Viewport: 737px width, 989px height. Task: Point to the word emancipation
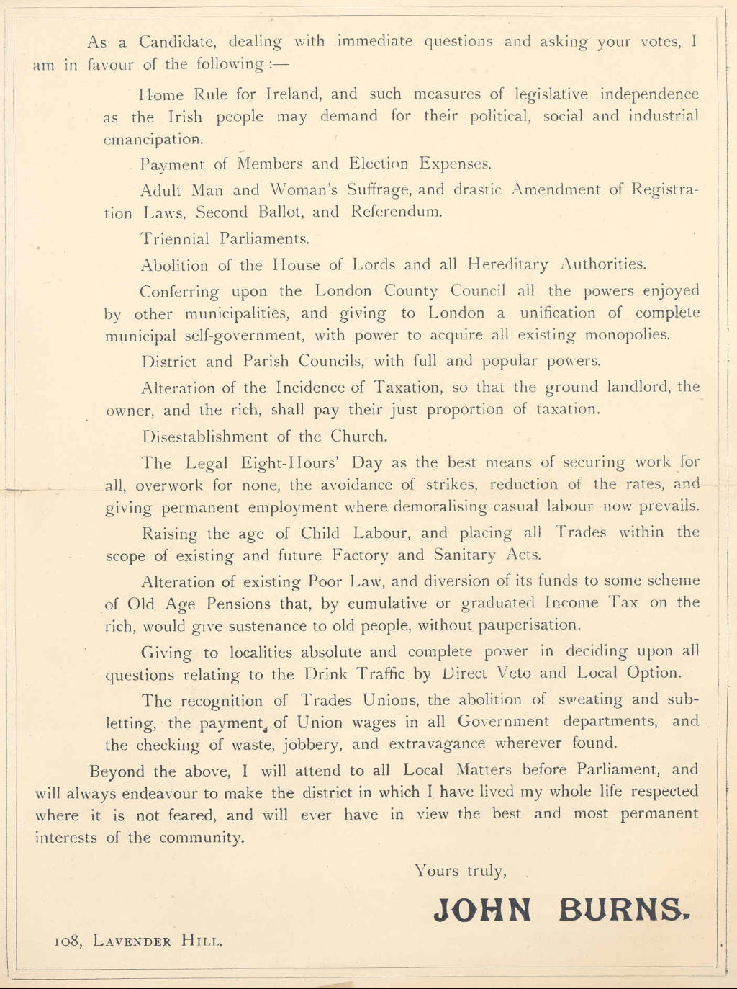tap(153, 140)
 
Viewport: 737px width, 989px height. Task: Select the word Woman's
tap(304, 190)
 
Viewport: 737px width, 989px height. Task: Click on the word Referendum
tap(397, 212)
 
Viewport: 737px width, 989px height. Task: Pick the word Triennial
tap(175, 239)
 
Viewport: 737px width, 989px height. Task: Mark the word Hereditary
tap(507, 264)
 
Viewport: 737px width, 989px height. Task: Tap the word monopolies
tap(627, 336)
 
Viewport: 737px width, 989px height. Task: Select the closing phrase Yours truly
tap(461, 871)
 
